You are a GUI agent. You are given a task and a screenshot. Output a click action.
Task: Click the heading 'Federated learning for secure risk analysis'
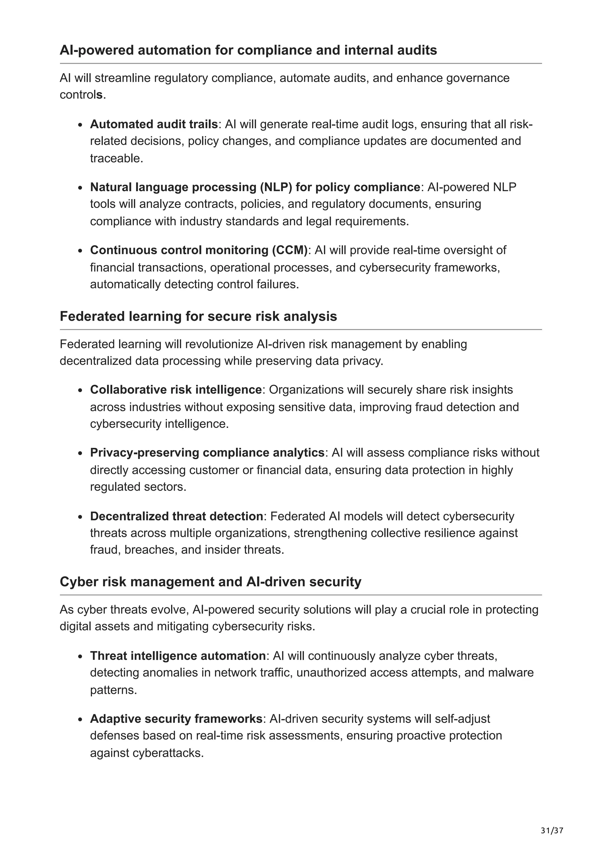(x=198, y=316)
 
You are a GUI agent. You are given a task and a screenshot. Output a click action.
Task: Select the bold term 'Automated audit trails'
(x=153, y=124)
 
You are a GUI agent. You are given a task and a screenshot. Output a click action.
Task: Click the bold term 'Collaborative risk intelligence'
(x=176, y=390)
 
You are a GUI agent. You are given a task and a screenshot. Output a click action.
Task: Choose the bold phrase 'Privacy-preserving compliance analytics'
(x=207, y=453)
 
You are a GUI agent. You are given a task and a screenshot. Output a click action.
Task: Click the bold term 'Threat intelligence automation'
(x=178, y=656)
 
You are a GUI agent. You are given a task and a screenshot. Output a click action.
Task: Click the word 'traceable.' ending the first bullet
(x=116, y=159)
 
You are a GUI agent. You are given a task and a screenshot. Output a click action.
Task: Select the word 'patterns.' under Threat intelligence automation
(x=113, y=690)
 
